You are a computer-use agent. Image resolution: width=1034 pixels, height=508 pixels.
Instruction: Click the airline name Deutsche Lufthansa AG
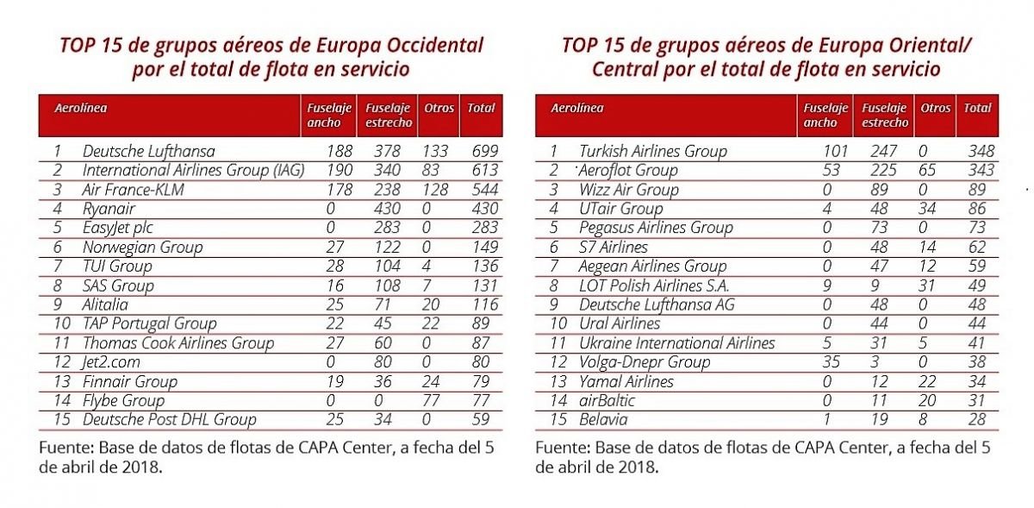coord(657,305)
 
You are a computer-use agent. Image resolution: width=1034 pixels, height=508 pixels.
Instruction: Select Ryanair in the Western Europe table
coord(109,209)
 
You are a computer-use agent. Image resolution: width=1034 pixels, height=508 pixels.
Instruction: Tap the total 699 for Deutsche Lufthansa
coord(484,151)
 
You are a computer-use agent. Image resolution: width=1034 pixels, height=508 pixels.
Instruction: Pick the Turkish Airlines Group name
coord(653,151)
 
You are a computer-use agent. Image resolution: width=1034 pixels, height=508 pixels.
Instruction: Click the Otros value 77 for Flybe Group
coord(431,400)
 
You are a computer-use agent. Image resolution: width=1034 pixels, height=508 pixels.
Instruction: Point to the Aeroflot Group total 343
coord(981,170)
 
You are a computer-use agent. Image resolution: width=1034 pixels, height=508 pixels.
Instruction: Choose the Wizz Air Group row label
coord(629,190)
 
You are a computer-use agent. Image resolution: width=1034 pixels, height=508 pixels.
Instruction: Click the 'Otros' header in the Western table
coord(439,108)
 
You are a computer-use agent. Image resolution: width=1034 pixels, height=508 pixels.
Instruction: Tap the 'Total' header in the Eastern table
coord(977,108)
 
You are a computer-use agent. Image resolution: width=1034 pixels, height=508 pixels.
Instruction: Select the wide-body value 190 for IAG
coord(339,170)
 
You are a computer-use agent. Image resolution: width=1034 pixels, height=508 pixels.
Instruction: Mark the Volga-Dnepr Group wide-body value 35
coord(831,362)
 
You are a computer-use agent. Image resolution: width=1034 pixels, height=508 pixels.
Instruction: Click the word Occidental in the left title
coord(435,46)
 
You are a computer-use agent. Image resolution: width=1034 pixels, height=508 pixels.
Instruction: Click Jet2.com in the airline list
coord(110,362)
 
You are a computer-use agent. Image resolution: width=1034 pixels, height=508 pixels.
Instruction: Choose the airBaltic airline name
coord(607,400)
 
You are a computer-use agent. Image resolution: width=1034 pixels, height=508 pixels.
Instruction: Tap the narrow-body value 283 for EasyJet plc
coord(387,228)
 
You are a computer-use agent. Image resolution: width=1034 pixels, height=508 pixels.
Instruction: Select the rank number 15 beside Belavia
coord(558,419)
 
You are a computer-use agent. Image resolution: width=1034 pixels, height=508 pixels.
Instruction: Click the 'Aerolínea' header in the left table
coord(81,108)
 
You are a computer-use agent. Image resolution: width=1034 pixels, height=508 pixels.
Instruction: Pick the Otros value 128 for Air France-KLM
coord(435,190)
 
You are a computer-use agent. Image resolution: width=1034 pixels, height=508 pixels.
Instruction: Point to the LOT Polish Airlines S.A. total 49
coord(977,285)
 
